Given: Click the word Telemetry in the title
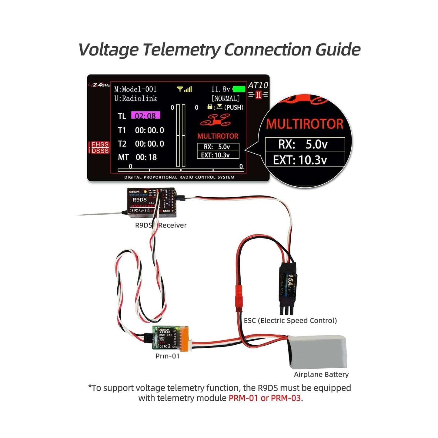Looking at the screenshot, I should [x=182, y=49].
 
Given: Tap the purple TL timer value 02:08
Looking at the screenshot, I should [x=145, y=115].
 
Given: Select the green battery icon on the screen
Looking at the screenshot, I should [x=239, y=89].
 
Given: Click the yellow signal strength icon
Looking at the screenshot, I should [x=184, y=89].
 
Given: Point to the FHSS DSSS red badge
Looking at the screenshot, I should [x=100, y=147].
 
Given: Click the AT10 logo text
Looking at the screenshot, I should [x=258, y=85].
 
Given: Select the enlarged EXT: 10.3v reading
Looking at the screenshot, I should [x=300, y=160].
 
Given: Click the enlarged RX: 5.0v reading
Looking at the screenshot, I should [x=303, y=144].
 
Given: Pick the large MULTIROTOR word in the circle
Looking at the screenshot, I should [x=305, y=124].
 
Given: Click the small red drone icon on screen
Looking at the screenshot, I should [x=216, y=120].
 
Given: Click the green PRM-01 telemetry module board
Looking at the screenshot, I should [x=165, y=338].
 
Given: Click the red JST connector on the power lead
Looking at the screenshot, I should [x=239, y=298].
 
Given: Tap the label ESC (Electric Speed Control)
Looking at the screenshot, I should [x=290, y=320].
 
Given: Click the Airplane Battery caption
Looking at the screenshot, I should [x=321, y=374].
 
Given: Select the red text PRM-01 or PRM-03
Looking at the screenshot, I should [x=265, y=398].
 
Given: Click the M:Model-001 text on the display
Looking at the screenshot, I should [x=135, y=89].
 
